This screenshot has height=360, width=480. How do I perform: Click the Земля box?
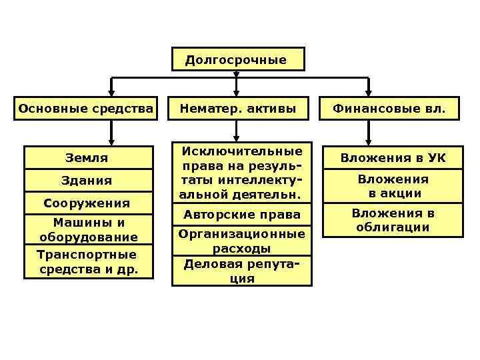pyautogui.click(x=87, y=158)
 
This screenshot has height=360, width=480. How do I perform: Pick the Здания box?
pyautogui.click(x=87, y=181)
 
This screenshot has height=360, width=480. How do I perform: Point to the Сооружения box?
pyautogui.click(x=87, y=203)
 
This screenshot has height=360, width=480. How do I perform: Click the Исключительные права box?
pyautogui.click(x=241, y=173)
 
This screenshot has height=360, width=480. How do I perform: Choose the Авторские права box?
pyautogui.click(x=241, y=215)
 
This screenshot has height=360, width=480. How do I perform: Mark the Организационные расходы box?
pyautogui.click(x=241, y=241)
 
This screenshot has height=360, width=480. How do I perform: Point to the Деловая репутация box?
pyautogui.click(x=241, y=271)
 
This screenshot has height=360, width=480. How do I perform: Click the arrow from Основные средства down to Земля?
pyautogui.click(x=111, y=133)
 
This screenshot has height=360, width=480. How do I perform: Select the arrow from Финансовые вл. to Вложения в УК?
pyautogui.click(x=369, y=133)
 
